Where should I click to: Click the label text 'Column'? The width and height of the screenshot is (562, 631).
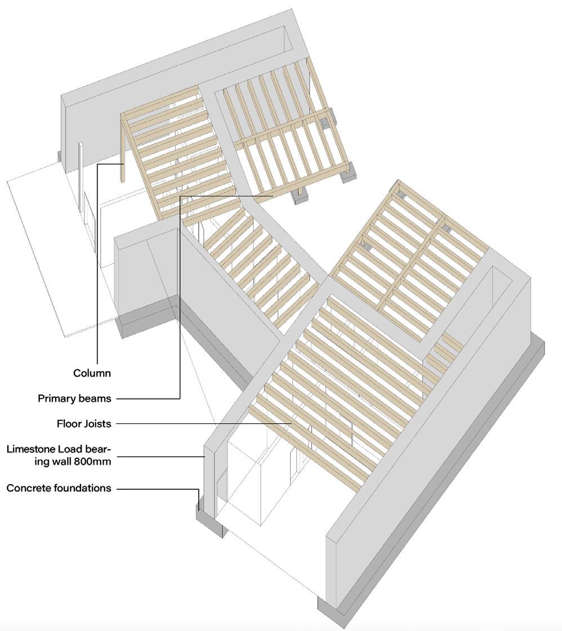point(92,373)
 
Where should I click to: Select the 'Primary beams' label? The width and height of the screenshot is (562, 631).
point(74,399)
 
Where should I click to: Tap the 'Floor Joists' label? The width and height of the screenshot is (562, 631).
point(84,423)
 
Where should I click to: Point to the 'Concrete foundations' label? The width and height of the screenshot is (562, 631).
point(59,488)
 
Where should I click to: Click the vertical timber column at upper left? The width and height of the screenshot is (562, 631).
point(122,149)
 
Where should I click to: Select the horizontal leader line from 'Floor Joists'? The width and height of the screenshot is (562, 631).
point(203,423)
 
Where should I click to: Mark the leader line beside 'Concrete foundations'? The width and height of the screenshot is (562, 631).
point(158,488)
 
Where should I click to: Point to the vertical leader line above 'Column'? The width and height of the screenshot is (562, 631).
point(97,265)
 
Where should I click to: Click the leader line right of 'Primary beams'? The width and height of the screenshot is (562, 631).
point(148,399)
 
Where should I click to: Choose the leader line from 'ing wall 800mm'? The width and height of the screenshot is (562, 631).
point(160,457)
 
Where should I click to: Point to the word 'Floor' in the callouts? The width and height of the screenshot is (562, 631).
point(68,423)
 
